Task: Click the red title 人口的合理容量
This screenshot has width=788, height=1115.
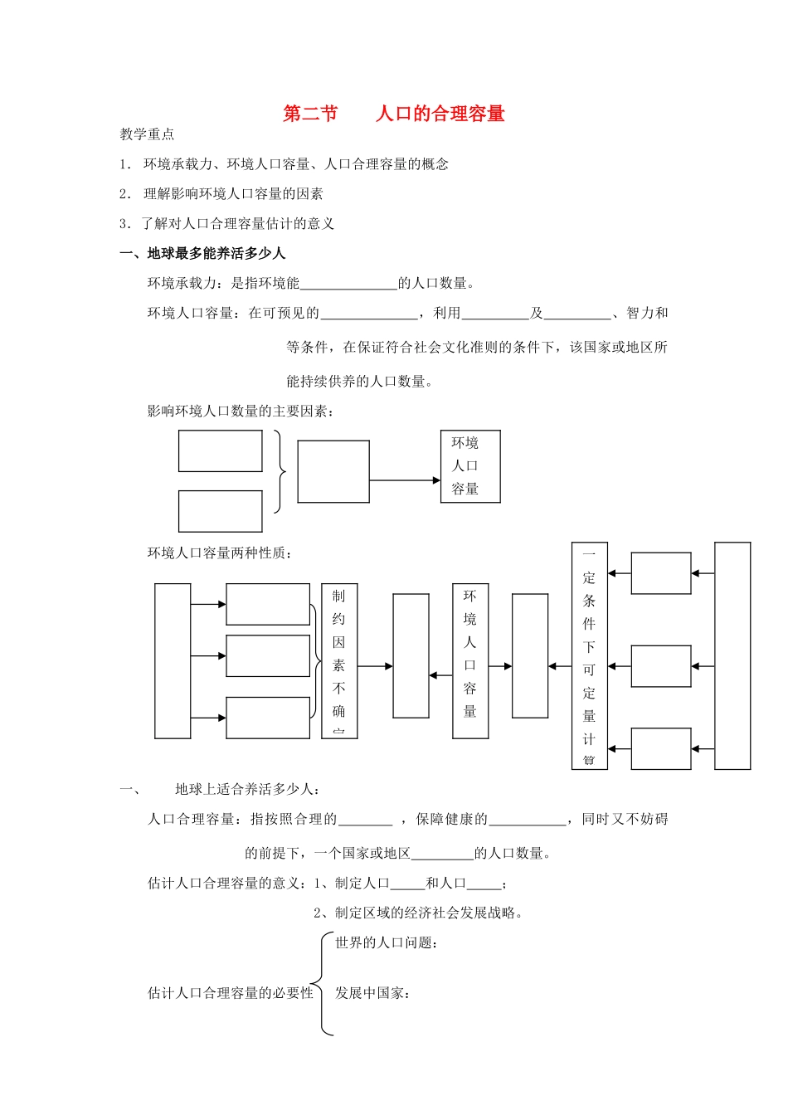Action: point(440,114)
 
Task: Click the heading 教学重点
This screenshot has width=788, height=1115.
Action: point(147,134)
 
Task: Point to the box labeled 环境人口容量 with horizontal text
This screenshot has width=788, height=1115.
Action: point(470,466)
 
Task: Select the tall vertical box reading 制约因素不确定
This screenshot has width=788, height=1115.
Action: point(339,660)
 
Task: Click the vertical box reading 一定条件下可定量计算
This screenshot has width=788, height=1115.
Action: point(589,655)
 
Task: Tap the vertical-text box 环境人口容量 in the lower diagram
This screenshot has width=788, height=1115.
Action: point(470,660)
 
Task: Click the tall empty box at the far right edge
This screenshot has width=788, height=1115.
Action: point(732,655)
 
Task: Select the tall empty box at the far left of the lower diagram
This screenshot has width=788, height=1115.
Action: point(173,660)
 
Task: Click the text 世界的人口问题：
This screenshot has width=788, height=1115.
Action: point(387,942)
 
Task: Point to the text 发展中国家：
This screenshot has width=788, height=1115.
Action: point(373,993)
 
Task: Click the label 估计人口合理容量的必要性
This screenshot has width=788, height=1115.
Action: point(231,993)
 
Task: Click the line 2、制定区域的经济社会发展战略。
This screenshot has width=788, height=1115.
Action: point(418,913)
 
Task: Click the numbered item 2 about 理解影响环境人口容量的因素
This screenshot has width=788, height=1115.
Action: point(221,194)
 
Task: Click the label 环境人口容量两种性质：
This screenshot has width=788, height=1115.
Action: point(220,553)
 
